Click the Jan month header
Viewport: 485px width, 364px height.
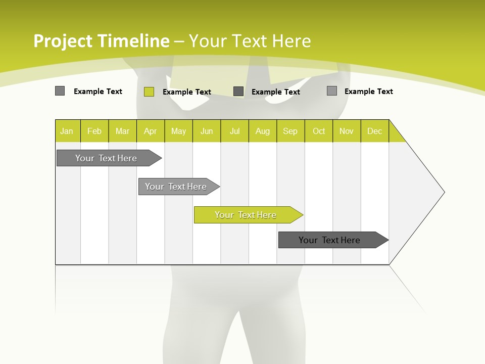[x=67, y=131]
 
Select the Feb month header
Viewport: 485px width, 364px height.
[x=94, y=131]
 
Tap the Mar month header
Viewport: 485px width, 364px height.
[x=122, y=131]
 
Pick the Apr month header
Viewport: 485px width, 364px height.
[x=151, y=131]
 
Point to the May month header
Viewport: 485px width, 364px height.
[x=178, y=131]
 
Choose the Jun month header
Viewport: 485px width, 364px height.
[x=207, y=131]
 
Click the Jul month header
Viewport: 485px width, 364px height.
[x=234, y=131]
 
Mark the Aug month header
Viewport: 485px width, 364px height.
[x=263, y=131]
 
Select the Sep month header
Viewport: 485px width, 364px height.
[x=290, y=131]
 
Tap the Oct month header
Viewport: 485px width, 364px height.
[x=319, y=131]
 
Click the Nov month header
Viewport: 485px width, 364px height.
[x=347, y=131]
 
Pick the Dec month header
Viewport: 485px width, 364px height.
[x=375, y=131]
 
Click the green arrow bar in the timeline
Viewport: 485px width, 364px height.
[x=246, y=215]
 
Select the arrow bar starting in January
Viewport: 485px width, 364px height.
[x=107, y=158]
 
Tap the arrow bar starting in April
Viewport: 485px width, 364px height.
[x=176, y=187]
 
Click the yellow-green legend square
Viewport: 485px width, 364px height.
[x=149, y=92]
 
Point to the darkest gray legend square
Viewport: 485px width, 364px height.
[x=238, y=92]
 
